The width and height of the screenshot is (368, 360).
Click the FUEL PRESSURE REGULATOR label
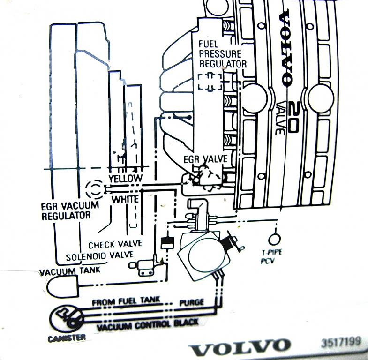(223, 54)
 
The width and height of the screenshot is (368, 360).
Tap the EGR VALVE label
(206, 159)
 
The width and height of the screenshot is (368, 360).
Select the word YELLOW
(126, 178)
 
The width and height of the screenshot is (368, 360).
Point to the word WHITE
(125, 200)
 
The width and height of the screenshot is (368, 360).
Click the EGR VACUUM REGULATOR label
(70, 211)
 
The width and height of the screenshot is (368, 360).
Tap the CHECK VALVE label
(115, 245)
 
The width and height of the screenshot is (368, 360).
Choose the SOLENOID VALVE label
(100, 256)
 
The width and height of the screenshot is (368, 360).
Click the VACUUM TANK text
(70, 271)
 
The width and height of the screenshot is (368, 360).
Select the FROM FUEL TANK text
(126, 301)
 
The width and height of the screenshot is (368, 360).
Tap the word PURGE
(192, 302)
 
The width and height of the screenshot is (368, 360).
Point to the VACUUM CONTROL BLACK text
(148, 325)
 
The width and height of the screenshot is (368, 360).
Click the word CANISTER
(67, 338)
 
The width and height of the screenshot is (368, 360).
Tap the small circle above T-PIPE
(274, 239)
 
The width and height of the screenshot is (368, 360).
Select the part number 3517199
(341, 342)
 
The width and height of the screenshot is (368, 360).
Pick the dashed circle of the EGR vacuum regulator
(95, 189)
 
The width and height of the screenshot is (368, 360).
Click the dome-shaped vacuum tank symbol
(62, 286)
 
